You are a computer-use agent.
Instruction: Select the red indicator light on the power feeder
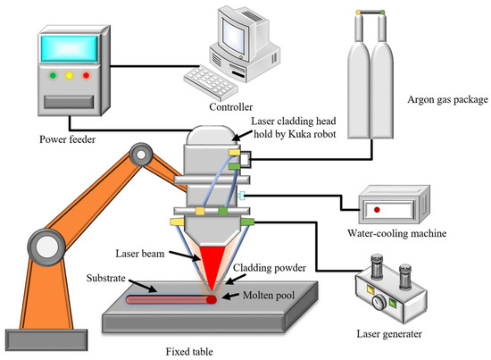tap(85, 75)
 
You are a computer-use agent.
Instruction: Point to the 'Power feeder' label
tap(65, 138)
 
